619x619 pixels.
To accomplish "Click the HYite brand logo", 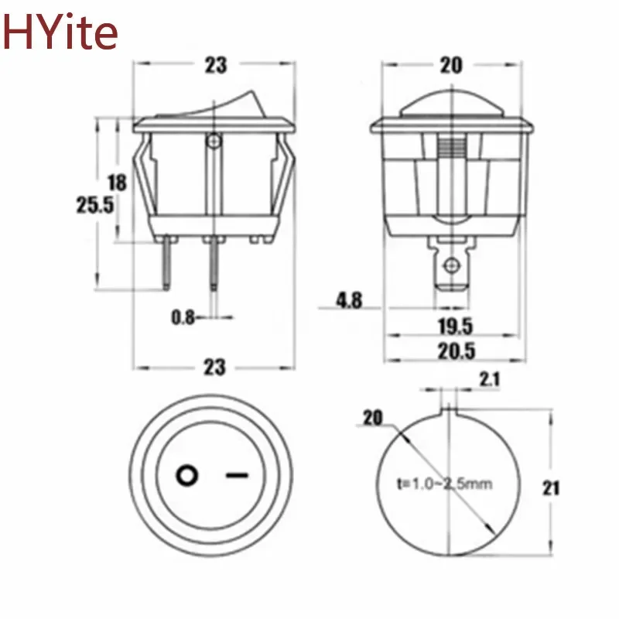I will tap(60, 31).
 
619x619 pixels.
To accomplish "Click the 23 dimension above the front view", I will tap(216, 65).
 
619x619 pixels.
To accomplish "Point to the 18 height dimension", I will tap(117, 183).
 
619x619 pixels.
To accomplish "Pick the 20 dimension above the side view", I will tap(451, 65).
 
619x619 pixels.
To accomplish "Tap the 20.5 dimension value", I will tap(454, 351).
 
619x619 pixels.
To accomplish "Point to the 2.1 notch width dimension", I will tap(490, 379).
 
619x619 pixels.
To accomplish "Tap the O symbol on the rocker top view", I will tap(186, 475).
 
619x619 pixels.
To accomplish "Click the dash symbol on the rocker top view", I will tap(239, 475).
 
